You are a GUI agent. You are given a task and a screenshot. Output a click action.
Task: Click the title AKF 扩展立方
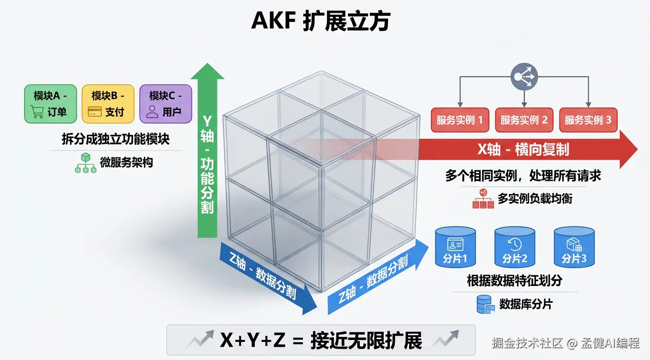[x=320, y=22]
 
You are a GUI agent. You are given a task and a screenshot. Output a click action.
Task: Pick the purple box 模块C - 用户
[x=165, y=104]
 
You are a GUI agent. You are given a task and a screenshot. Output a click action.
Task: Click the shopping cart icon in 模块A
[x=37, y=112]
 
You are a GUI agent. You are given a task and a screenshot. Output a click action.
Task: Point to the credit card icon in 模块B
[x=95, y=112]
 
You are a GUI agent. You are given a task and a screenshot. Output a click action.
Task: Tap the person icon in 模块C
[x=152, y=112]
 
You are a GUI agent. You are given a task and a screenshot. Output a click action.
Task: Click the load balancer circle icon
[x=524, y=77]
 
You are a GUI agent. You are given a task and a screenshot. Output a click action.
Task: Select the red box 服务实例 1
[x=460, y=120]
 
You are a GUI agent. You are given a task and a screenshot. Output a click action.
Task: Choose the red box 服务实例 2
[x=524, y=120]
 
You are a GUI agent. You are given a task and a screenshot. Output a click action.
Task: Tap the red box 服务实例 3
[x=588, y=120]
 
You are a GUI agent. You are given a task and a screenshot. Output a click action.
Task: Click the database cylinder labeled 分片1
[x=455, y=247]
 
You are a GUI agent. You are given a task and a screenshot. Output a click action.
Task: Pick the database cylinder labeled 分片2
[x=515, y=247]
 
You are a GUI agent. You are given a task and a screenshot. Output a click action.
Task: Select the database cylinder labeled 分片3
[x=574, y=247]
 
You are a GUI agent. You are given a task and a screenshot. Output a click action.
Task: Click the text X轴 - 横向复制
[x=524, y=150]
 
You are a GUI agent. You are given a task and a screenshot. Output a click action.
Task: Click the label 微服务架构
[x=126, y=163]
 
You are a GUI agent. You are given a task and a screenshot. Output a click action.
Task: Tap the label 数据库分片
[x=526, y=304]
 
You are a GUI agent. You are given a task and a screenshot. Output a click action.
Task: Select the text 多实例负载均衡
[x=535, y=198]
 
